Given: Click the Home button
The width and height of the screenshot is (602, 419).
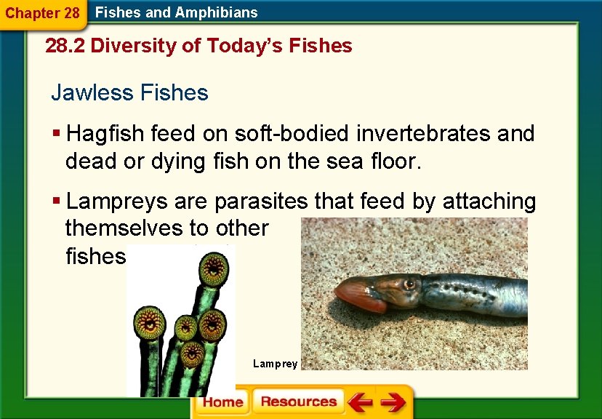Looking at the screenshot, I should pos(222,402).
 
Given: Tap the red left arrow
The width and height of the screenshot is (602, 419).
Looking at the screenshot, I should pos(359,402).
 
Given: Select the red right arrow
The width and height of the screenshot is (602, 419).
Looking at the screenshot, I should pos(393,402).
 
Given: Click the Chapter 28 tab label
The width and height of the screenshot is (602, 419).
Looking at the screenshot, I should pos(41,13).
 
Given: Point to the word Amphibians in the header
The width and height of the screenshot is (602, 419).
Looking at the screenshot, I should pos(221,12).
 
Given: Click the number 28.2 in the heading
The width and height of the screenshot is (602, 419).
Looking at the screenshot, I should pos(65,47).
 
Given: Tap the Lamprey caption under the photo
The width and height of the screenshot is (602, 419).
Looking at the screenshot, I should pos(275,363).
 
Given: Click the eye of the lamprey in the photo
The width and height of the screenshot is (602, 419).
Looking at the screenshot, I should pos(409,283).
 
